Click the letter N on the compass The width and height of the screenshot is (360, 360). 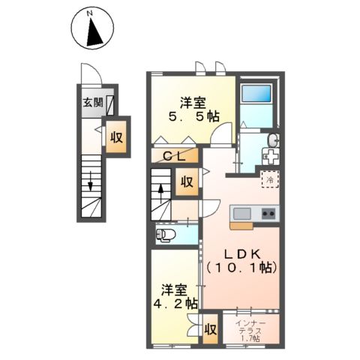point(89,13)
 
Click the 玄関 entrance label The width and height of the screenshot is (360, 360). point(93,103)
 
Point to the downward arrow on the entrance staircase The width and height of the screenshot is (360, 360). point(91,180)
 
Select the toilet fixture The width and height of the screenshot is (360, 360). point(166,237)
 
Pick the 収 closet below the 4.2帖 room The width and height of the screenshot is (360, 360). point(211,330)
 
